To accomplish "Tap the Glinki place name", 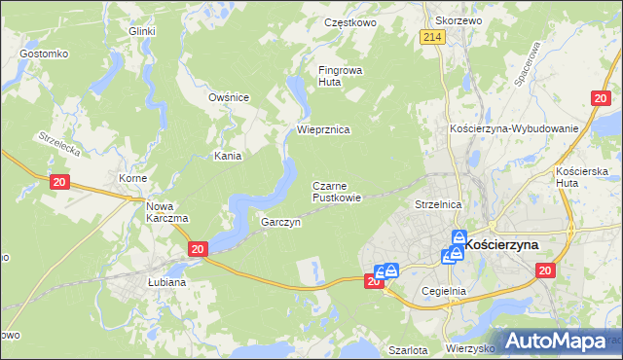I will (x=142, y=31).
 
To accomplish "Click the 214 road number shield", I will (x=434, y=36).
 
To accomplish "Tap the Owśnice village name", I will (x=230, y=97).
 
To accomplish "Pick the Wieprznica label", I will (x=323, y=128).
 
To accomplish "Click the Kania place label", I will (x=228, y=155).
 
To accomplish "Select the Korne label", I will (x=132, y=179).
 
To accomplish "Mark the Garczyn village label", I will (x=280, y=222).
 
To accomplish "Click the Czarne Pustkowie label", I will (x=337, y=191).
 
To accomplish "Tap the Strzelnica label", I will (x=437, y=205).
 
